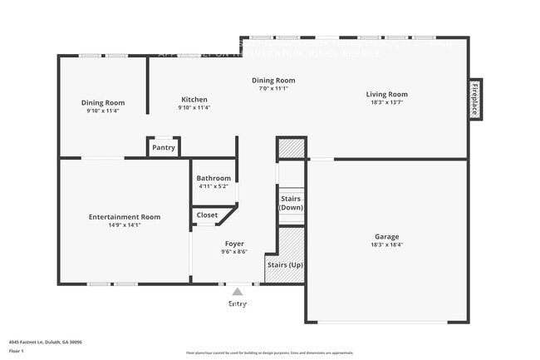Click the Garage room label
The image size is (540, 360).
pyautogui.click(x=386, y=236)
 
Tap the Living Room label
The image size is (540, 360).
pyautogui.click(x=386, y=95)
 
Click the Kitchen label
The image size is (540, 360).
pyautogui.click(x=194, y=98)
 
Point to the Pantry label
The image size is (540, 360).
pyautogui.click(x=164, y=148)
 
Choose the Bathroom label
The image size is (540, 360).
pyautogui.click(x=214, y=178)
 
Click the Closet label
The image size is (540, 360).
pyautogui.click(x=207, y=215)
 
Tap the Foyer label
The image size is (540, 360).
pyautogui.click(x=234, y=244)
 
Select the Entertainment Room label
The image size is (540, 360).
pyautogui.click(x=125, y=217)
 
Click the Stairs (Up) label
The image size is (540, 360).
pyautogui.click(x=284, y=264)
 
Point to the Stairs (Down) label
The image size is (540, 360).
pyautogui.click(x=291, y=204)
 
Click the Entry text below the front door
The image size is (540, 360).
pyautogui.click(x=238, y=304)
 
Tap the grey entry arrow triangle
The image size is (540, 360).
pyautogui.click(x=238, y=292)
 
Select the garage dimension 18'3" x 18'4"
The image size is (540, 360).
pyautogui.click(x=386, y=245)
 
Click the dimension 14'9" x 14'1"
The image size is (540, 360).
pyautogui.click(x=125, y=225)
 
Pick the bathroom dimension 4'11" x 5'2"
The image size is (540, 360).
pyautogui.click(x=214, y=187)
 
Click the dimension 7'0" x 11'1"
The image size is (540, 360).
pyautogui.click(x=273, y=88)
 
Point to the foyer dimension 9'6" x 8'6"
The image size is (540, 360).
pyautogui.click(x=234, y=252)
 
